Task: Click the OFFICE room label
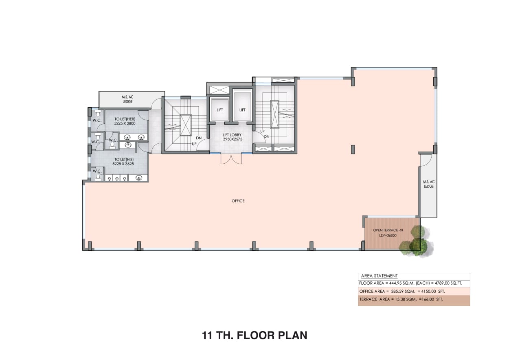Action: pos(238,201)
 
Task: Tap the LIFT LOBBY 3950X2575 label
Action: pos(232,137)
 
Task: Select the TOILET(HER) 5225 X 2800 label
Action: pos(125,121)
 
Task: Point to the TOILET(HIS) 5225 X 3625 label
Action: pos(123,162)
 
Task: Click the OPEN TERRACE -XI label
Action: pos(388,230)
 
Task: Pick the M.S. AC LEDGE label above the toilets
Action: pos(127,99)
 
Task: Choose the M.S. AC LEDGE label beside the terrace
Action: pos(428,184)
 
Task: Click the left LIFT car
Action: pos(219,109)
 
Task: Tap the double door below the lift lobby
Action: pos(231,159)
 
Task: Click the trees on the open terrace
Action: pos(417,241)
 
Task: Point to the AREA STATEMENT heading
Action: pos(379,276)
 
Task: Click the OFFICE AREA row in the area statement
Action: pos(402,291)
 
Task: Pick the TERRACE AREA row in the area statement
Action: pos(401,299)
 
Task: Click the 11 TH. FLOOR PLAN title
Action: pos(254,336)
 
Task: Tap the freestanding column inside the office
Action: pos(353,149)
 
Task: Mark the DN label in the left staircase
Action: pos(199,138)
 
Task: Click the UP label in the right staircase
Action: pos(262,132)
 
